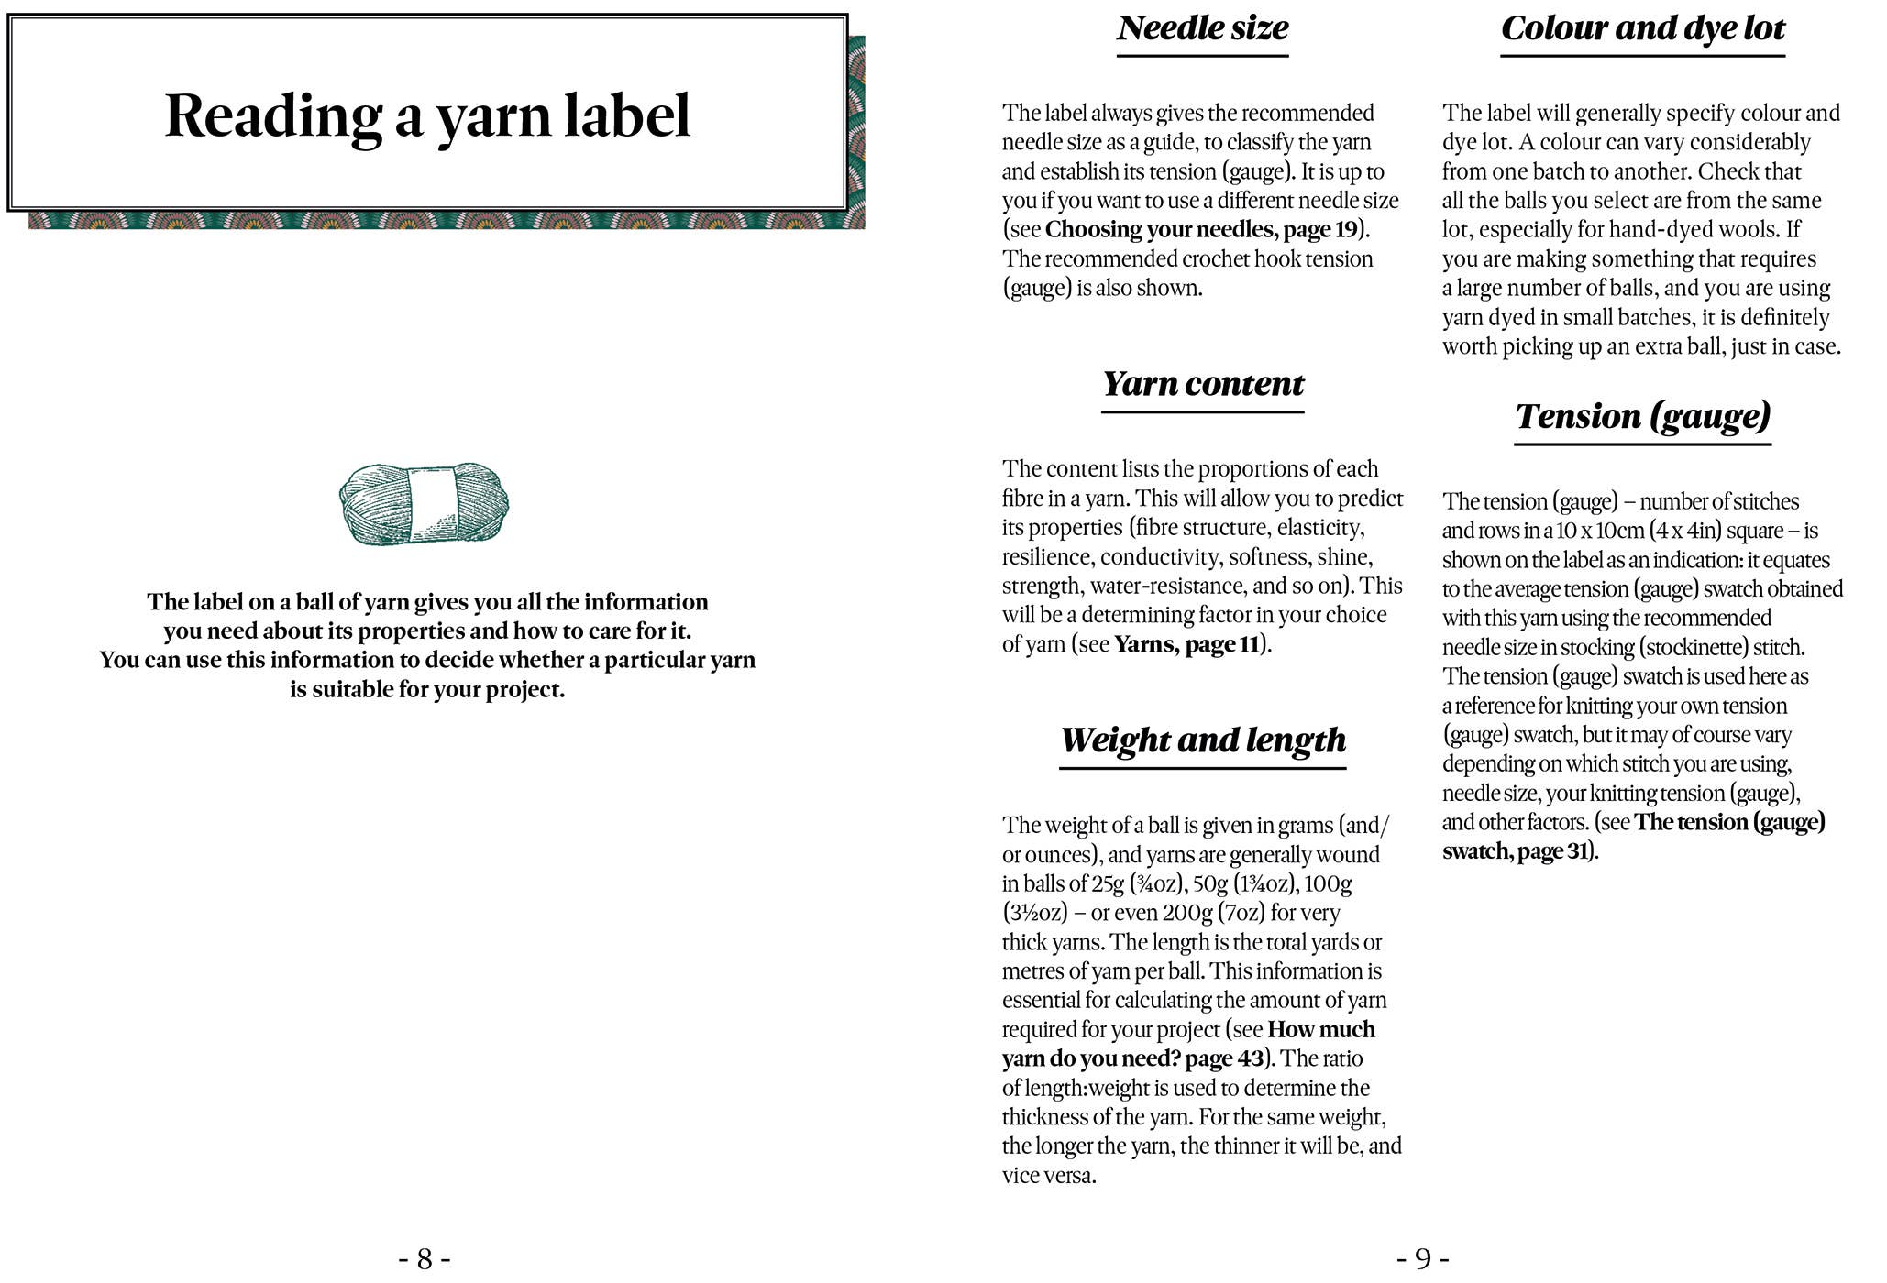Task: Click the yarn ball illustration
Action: pyautogui.click(x=424, y=504)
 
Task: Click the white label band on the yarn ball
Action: pyautogui.click(x=433, y=502)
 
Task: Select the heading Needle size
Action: pyautogui.click(x=1202, y=28)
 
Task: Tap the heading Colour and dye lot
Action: pyautogui.click(x=1642, y=28)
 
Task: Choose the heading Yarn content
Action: pyautogui.click(x=1202, y=384)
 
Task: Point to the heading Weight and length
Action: pyautogui.click(x=1202, y=740)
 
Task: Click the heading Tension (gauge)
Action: pyautogui.click(x=1642, y=417)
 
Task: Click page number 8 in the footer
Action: pyautogui.click(x=425, y=1259)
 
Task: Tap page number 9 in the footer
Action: pyautogui.click(x=1422, y=1259)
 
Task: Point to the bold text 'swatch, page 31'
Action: pyautogui.click(x=1515, y=851)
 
